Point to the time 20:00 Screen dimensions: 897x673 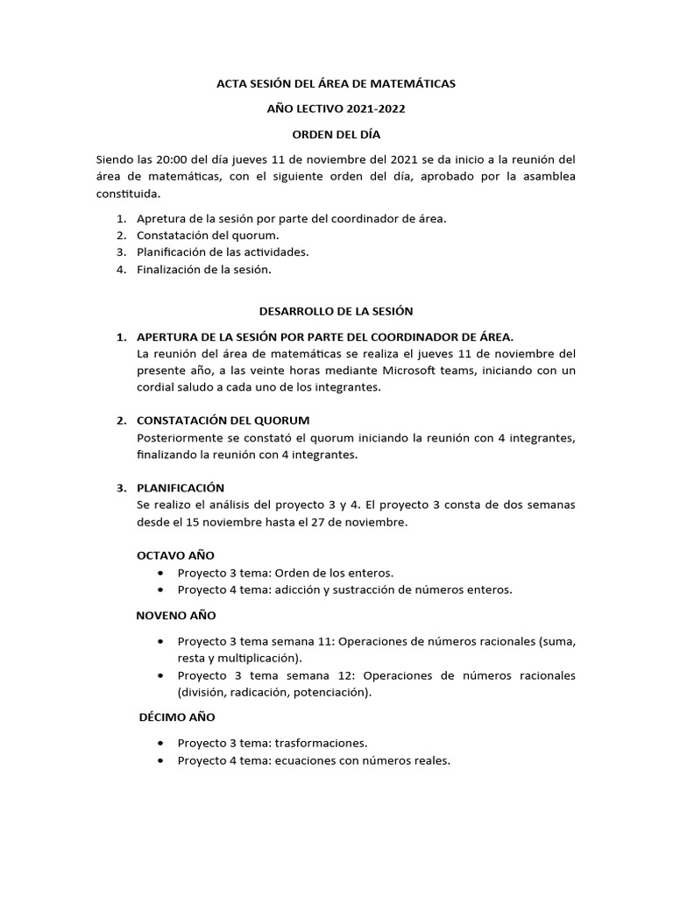pyautogui.click(x=175, y=159)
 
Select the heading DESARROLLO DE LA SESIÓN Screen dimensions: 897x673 pyautogui.click(x=336, y=311)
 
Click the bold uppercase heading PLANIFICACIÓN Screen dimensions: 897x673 pyautogui.click(x=181, y=487)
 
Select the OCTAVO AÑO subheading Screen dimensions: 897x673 pyautogui.click(x=176, y=555)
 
